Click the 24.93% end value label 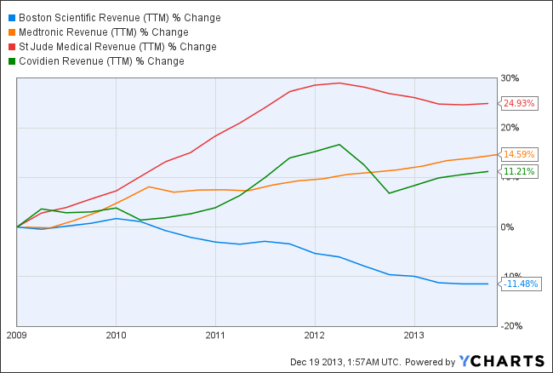pos(519,104)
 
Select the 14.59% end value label pos(519,155)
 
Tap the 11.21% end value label pos(519,171)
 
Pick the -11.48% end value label pos(518,284)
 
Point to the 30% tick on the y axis pos(510,78)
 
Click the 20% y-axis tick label pos(510,128)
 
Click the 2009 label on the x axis pos(17,335)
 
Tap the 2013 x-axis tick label pos(413,335)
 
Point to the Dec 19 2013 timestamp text pos(350,360)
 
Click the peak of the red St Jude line pos(339,83)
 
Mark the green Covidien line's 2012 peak pos(339,144)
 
